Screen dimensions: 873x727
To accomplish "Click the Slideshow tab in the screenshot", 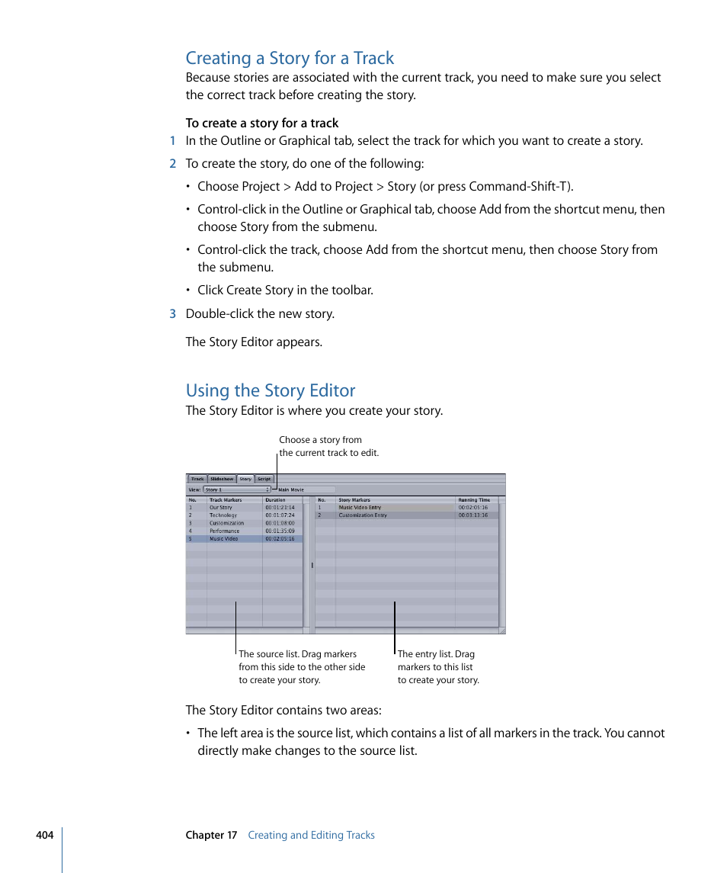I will click(x=222, y=480).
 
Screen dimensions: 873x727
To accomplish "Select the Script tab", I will click(x=264, y=480).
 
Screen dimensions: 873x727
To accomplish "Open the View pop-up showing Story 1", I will click(x=237, y=489).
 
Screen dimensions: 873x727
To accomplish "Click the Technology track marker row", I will click(x=223, y=515).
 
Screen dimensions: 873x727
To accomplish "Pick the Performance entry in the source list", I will click(x=224, y=531).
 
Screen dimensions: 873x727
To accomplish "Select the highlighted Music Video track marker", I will click(x=224, y=539).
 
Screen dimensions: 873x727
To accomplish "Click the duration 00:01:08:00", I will click(x=280, y=523).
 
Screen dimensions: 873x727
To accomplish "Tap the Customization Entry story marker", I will click(x=363, y=515).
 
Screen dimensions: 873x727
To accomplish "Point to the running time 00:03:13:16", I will click(x=473, y=515).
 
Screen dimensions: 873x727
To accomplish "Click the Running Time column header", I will click(x=474, y=500).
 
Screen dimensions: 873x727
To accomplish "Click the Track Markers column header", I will click(x=226, y=500).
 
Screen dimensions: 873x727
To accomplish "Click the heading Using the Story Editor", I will click(x=271, y=390).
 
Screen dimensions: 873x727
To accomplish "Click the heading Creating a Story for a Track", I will click(x=290, y=58).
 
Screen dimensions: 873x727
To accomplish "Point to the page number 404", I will click(x=44, y=835).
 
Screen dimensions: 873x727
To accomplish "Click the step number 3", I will click(x=172, y=313).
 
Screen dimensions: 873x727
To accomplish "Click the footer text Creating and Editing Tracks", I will click(x=311, y=835).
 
